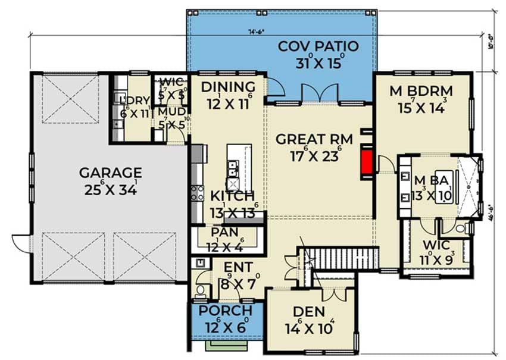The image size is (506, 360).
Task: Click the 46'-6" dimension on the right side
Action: [x=492, y=211]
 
